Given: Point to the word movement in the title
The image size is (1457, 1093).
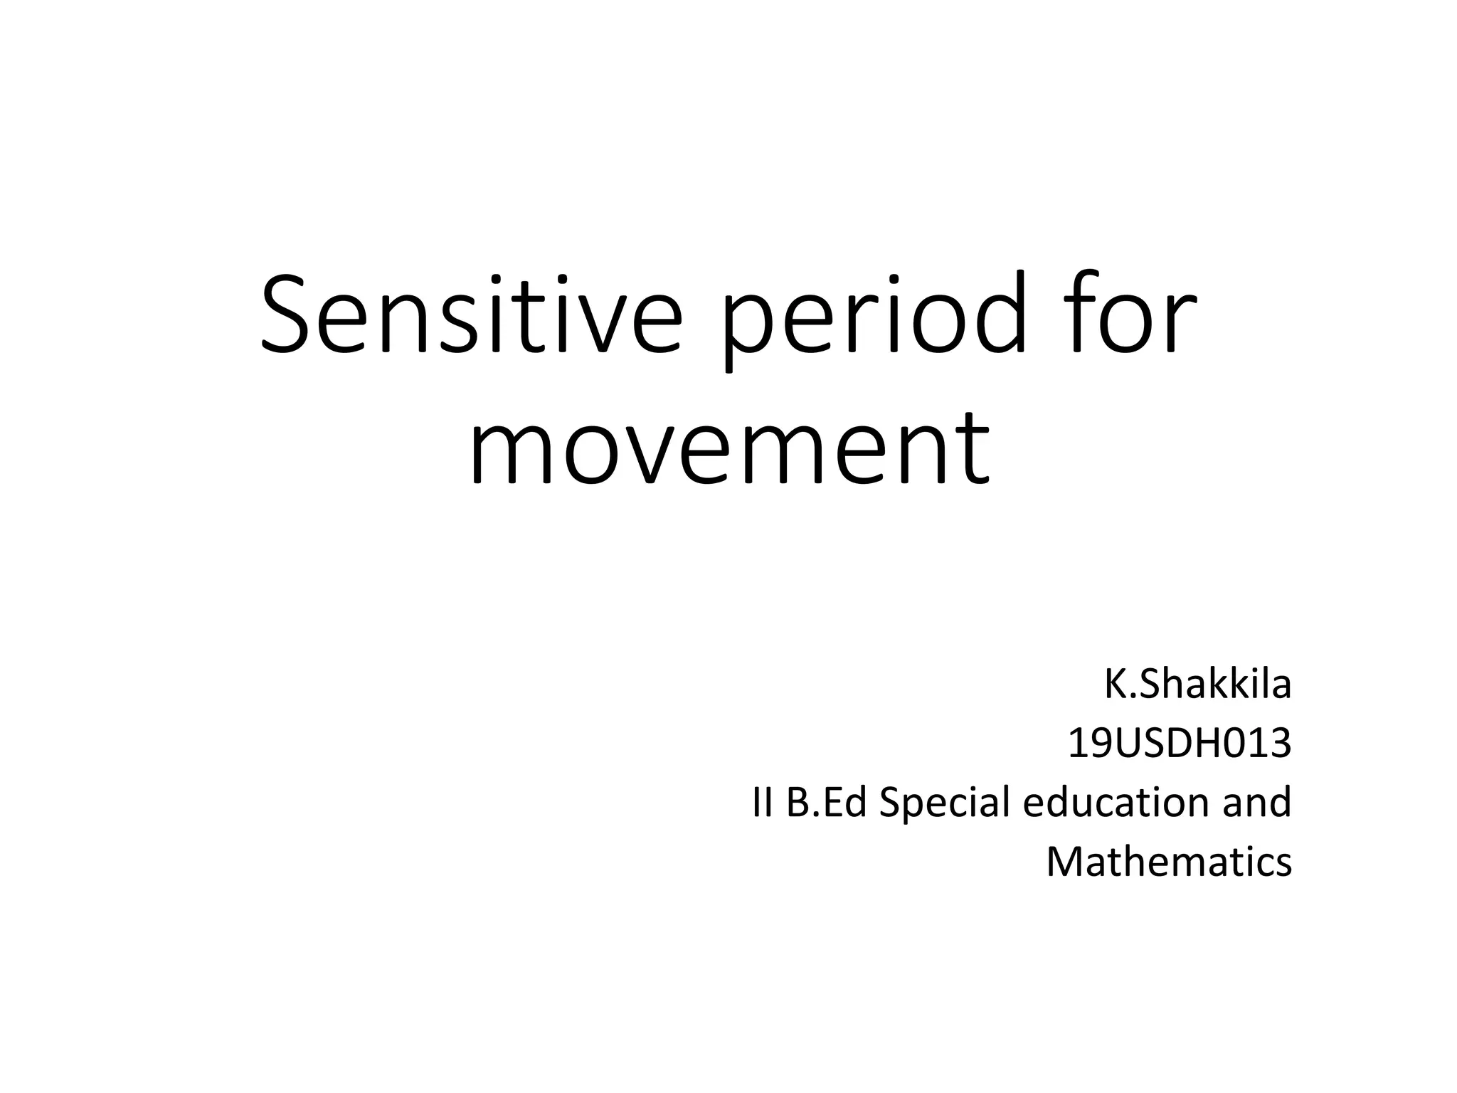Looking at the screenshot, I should pyautogui.click(x=728, y=446).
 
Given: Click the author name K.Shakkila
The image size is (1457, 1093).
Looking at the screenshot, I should pyautogui.click(x=1197, y=685).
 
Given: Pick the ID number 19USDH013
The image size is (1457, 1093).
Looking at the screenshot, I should pyautogui.click(x=1179, y=744).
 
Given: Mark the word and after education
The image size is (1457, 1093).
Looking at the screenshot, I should pyautogui.click(x=1256, y=803).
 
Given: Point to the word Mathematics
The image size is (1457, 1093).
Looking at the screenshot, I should pyautogui.click(x=1168, y=862).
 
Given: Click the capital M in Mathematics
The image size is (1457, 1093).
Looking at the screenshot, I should pyautogui.click(x=1065, y=862).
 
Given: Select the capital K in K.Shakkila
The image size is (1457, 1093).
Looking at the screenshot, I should pyautogui.click(x=1114, y=685).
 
